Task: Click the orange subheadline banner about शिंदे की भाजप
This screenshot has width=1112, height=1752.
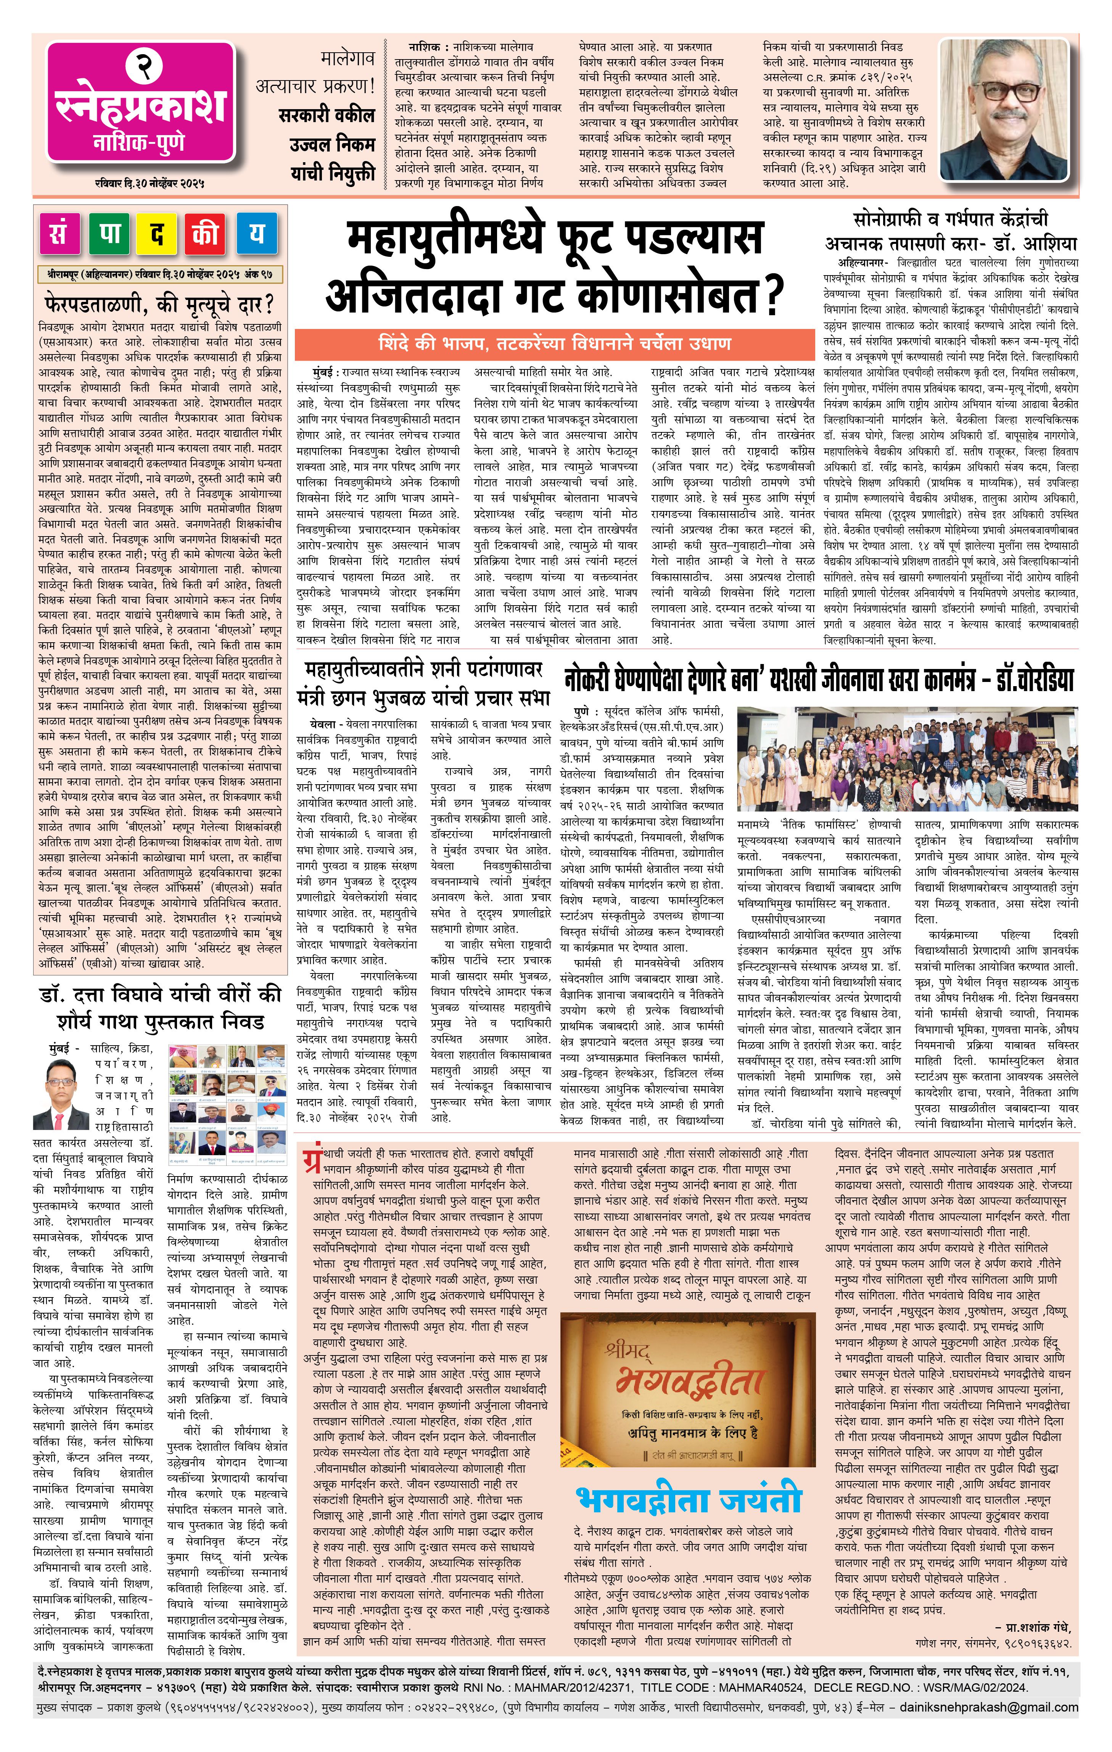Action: coord(554,343)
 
